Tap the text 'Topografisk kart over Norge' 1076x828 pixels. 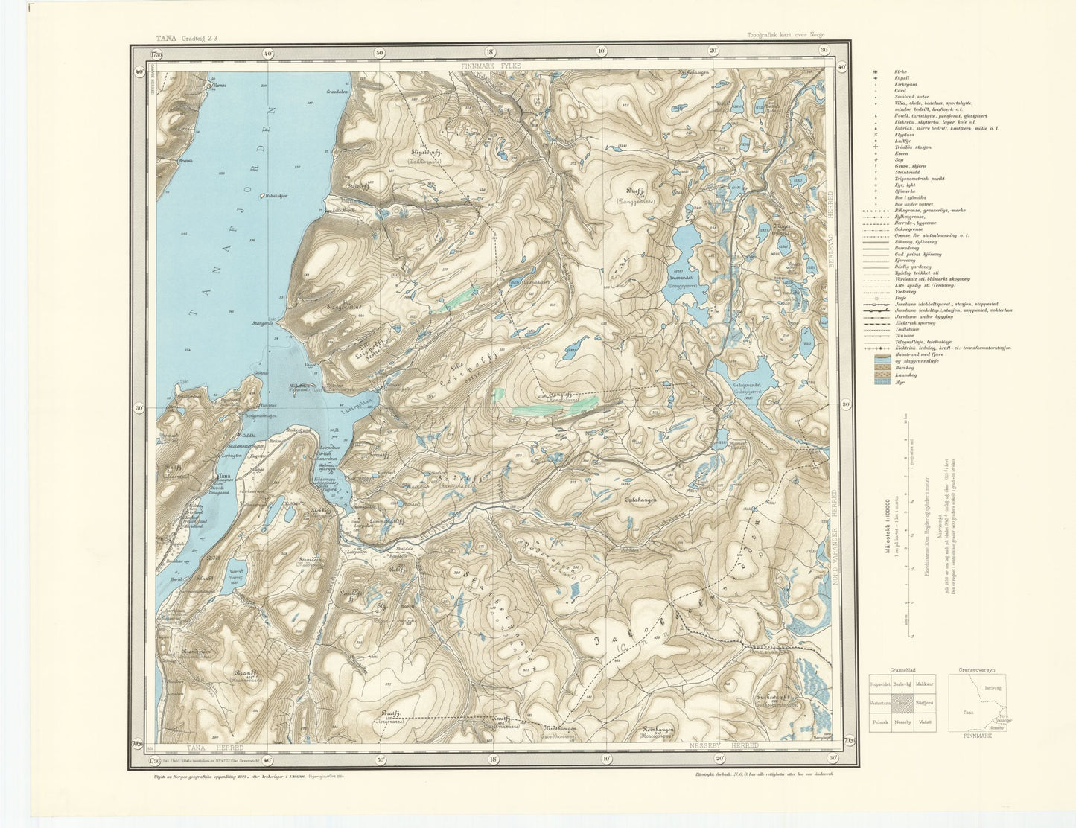click(786, 35)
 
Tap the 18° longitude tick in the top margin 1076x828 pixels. click(490, 52)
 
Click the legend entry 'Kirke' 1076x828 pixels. click(901, 71)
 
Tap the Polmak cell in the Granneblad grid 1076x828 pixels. click(881, 722)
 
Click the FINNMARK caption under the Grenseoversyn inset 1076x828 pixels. click(976, 736)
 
